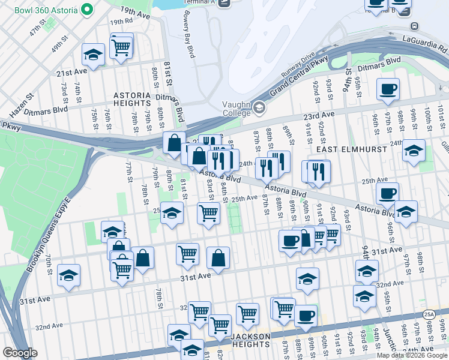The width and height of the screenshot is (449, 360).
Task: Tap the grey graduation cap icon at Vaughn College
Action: (x=259, y=108)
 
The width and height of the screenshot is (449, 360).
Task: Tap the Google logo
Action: (x=20, y=353)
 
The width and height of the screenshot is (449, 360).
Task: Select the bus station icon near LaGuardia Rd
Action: (x=414, y=26)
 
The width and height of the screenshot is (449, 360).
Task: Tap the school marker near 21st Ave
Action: (x=93, y=55)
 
